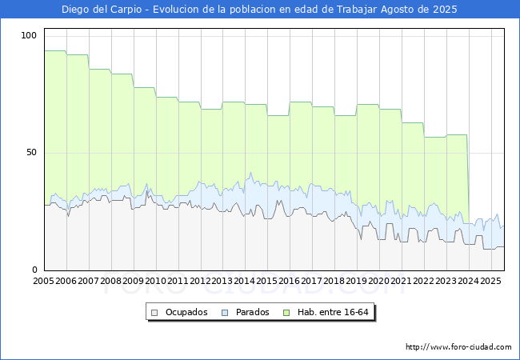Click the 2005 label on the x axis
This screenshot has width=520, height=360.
(x=43, y=281)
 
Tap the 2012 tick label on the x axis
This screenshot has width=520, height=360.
(x=200, y=281)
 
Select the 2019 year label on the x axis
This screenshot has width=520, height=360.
(x=357, y=281)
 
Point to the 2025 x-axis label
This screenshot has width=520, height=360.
(x=490, y=281)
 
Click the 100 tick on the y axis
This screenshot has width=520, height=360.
(x=29, y=35)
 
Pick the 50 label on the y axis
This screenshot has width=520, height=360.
(x=31, y=153)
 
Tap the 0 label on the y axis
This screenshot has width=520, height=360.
(x=34, y=270)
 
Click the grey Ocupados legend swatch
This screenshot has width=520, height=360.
(x=154, y=313)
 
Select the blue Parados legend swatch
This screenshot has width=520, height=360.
(x=225, y=313)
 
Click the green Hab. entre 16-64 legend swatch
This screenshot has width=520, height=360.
(x=286, y=313)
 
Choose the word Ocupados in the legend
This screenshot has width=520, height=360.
(x=186, y=312)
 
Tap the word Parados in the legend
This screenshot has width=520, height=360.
(x=252, y=312)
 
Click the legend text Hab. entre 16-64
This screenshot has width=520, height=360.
(x=333, y=312)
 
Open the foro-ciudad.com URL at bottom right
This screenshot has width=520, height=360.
(x=458, y=347)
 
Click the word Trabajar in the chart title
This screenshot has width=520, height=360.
(x=357, y=10)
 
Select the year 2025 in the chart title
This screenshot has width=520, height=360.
(x=445, y=10)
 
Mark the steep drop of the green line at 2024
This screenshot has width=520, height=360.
(x=468, y=179)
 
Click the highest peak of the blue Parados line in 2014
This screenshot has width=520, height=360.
(x=250, y=173)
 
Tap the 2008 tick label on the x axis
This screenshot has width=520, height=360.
(x=110, y=281)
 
